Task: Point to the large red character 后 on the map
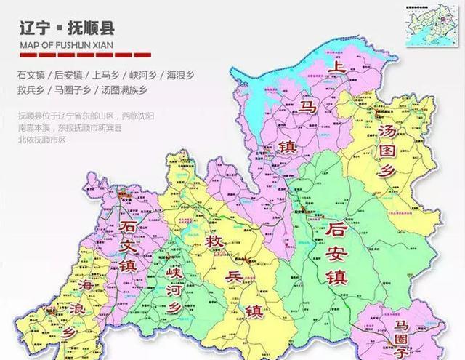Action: tap(336, 232)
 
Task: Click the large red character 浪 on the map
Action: tap(81, 308)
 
